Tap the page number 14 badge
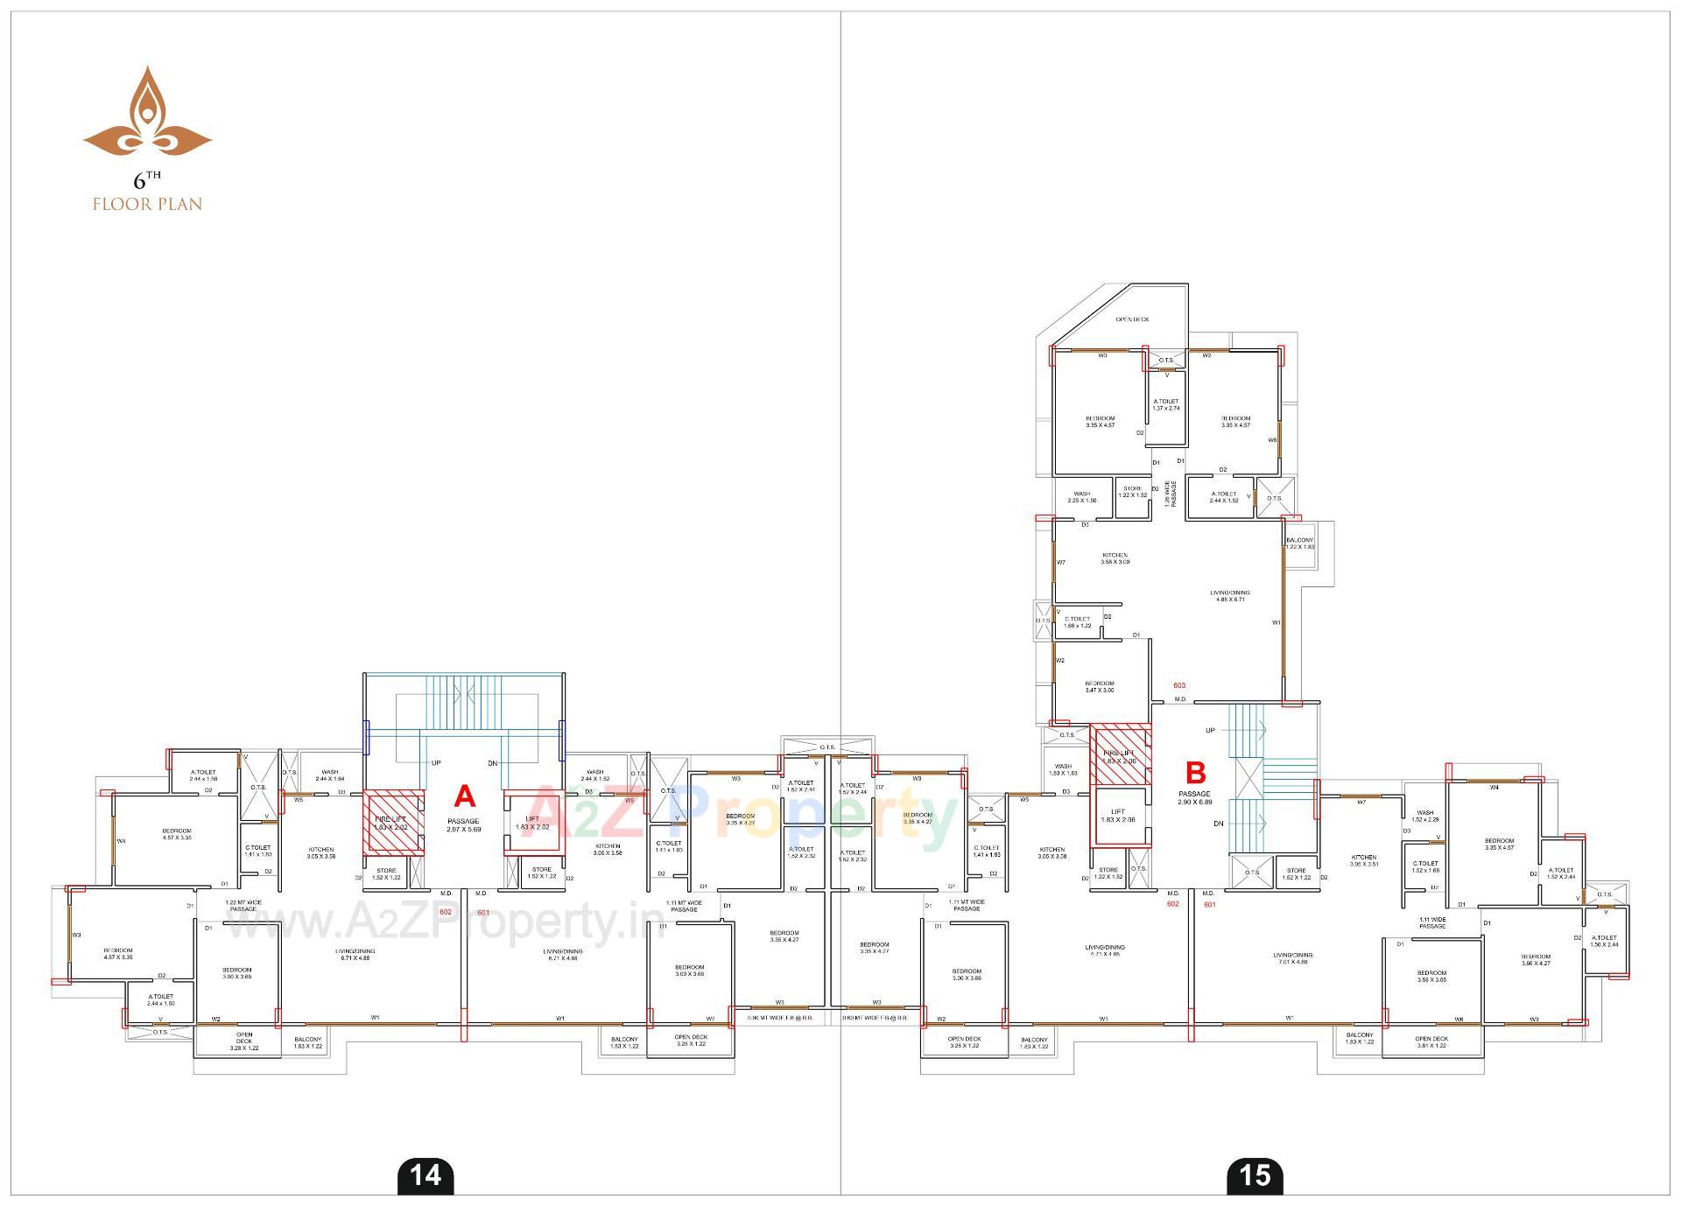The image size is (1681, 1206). point(426,1174)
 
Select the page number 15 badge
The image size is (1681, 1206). point(1255,1174)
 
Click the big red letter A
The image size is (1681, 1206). point(465,796)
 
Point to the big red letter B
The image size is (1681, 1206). point(1195,773)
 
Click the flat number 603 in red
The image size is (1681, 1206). point(1179,685)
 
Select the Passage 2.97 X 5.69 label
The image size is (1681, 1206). point(463,824)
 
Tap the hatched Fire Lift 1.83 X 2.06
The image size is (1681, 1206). point(1120,754)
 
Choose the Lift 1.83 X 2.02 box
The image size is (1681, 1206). point(531,822)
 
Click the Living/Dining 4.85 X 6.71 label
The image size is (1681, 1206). point(1232,596)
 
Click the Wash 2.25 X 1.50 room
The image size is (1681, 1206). point(1082,497)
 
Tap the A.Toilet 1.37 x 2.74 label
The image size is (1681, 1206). point(1166,404)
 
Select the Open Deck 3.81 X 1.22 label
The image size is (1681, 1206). point(1431,1041)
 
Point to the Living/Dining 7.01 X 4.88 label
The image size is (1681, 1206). point(1292,958)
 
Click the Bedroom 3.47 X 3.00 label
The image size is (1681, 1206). point(1100,686)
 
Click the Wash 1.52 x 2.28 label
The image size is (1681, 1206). point(1425,816)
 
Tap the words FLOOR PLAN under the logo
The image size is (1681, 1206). point(147,204)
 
